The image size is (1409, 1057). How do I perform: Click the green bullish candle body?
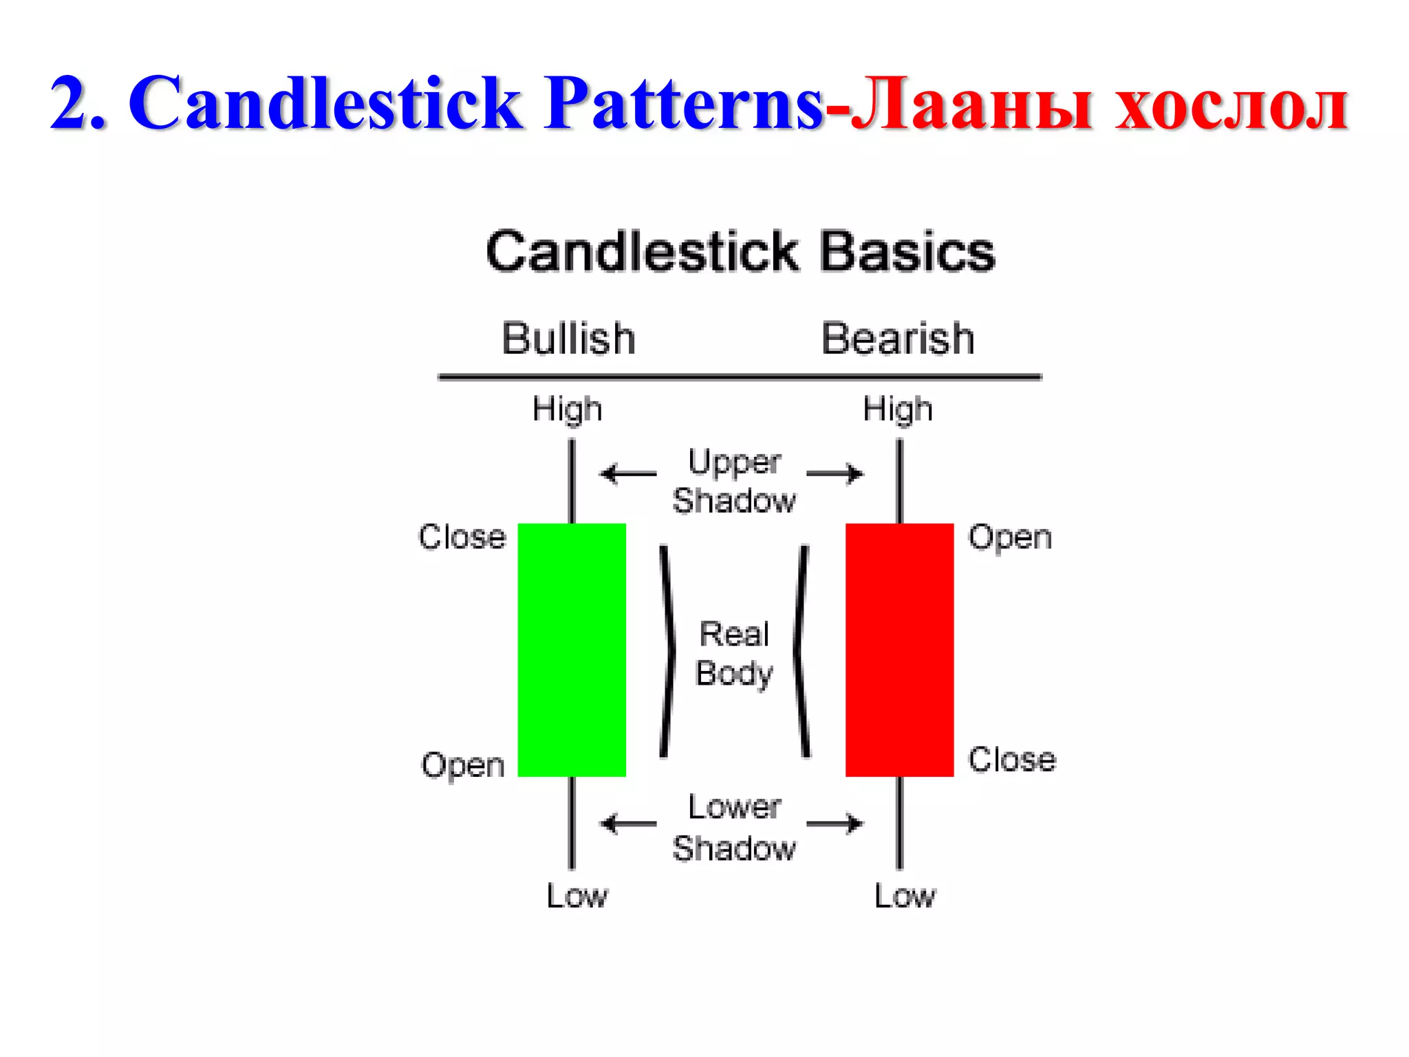[572, 650]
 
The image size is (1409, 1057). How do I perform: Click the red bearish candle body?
[899, 650]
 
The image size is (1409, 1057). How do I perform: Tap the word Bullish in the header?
[568, 339]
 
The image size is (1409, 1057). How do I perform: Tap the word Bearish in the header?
[898, 339]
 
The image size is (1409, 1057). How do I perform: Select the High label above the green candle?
[568, 410]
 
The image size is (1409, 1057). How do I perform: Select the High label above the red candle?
[898, 410]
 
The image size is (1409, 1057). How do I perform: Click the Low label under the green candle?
[577, 896]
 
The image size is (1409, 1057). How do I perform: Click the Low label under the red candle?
[905, 896]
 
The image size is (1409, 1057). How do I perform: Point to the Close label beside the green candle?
[462, 537]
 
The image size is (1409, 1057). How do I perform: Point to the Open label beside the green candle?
[463, 765]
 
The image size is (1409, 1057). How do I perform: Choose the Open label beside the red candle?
[1010, 537]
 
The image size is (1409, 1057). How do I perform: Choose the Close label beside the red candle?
[1011, 760]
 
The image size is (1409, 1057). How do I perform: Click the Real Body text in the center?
[734, 654]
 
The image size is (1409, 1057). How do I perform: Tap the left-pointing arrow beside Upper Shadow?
[627, 474]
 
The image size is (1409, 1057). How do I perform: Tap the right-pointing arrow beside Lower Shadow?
[835, 823]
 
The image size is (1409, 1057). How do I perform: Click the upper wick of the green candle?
[572, 482]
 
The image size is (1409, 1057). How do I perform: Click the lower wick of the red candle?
[899, 823]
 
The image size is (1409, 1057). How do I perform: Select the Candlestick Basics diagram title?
[740, 251]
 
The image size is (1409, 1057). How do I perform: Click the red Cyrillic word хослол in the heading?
[1231, 105]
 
